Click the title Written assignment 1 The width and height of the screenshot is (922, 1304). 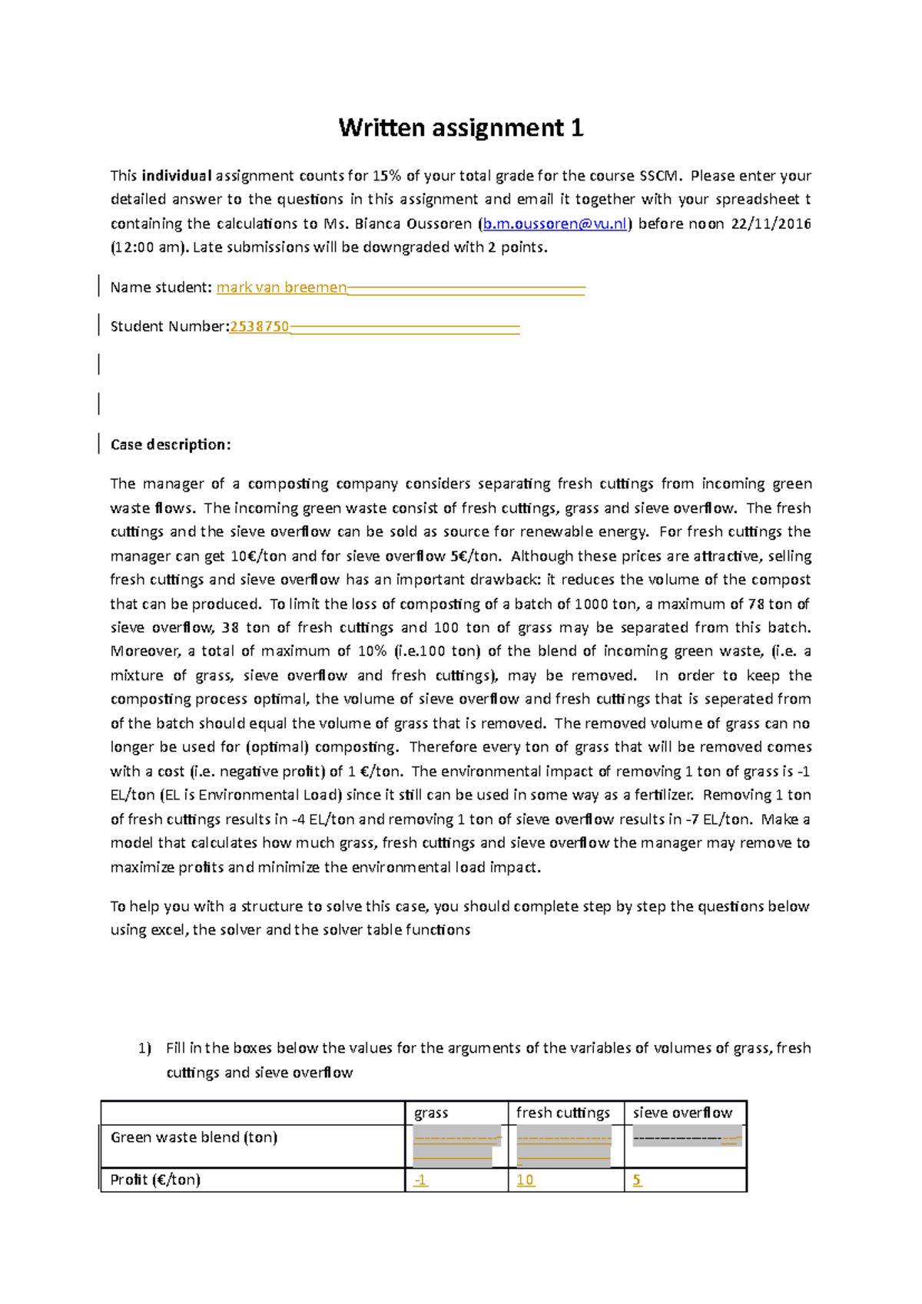[x=461, y=127]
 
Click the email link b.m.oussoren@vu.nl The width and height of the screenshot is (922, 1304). [x=555, y=223]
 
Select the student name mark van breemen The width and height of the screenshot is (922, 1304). [x=281, y=287]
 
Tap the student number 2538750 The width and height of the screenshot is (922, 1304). [x=260, y=326]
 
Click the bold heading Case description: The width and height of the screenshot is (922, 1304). [x=170, y=445]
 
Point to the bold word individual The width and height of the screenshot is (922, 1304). [x=176, y=176]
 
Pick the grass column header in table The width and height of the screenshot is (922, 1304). [x=431, y=1113]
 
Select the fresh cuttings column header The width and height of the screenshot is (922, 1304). [x=562, y=1113]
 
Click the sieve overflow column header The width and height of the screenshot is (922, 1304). [x=682, y=1113]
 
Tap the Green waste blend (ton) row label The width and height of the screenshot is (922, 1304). [x=194, y=1137]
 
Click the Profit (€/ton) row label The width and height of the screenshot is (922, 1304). [x=155, y=1180]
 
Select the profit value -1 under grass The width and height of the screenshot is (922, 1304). [x=420, y=1180]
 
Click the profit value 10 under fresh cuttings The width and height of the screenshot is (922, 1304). [x=525, y=1180]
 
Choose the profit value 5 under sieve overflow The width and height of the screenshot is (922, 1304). [x=637, y=1180]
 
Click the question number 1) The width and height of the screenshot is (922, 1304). [x=144, y=1048]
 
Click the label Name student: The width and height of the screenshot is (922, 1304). [x=161, y=287]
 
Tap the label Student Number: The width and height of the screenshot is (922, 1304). [x=170, y=326]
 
